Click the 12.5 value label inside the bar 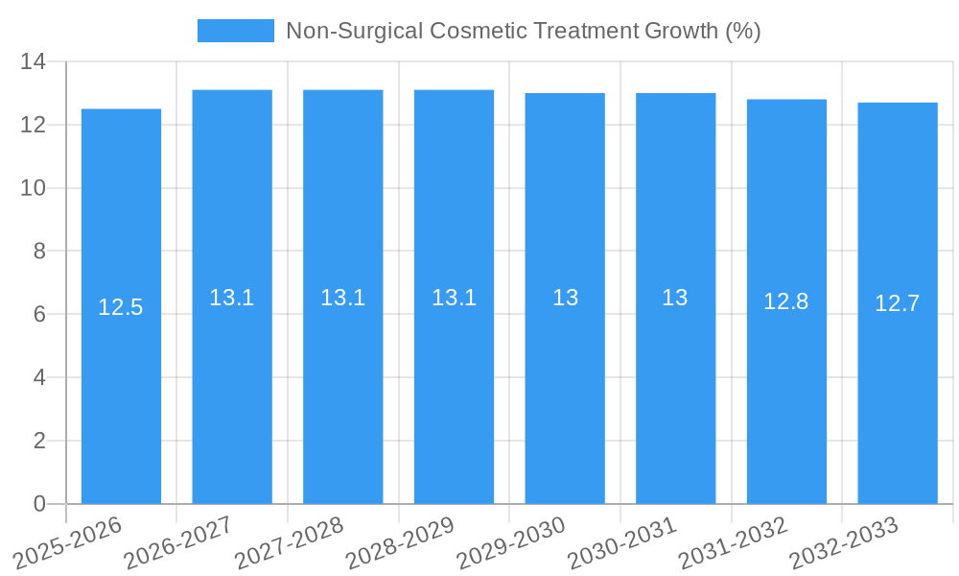pos(121,307)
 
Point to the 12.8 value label pos(786,301)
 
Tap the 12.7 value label pos(898,303)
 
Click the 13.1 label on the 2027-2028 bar pos(343,298)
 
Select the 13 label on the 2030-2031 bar pos(675,298)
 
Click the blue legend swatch pos(235,31)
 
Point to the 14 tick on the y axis pos(34,62)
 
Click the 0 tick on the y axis pos(39,504)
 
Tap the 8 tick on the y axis pos(39,252)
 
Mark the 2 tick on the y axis pos(39,441)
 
